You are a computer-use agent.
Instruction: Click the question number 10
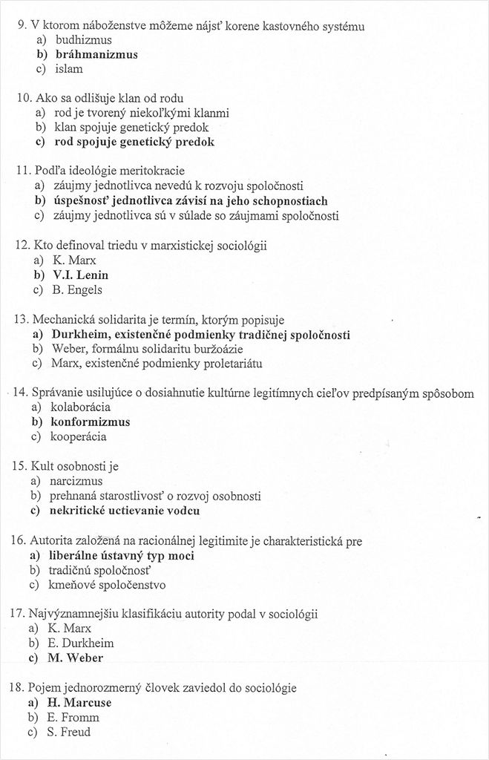click(x=24, y=98)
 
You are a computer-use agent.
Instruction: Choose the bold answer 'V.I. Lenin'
click(x=81, y=275)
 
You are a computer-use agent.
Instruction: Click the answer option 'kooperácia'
click(x=79, y=436)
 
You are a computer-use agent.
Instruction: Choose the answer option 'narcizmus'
click(x=76, y=481)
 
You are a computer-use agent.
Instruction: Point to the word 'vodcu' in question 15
click(x=183, y=511)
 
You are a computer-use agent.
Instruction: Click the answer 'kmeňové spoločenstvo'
click(x=108, y=585)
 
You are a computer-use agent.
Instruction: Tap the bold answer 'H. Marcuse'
click(x=80, y=702)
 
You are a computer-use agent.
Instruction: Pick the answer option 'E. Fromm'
click(x=73, y=717)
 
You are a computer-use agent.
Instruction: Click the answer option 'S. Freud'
click(x=70, y=732)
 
